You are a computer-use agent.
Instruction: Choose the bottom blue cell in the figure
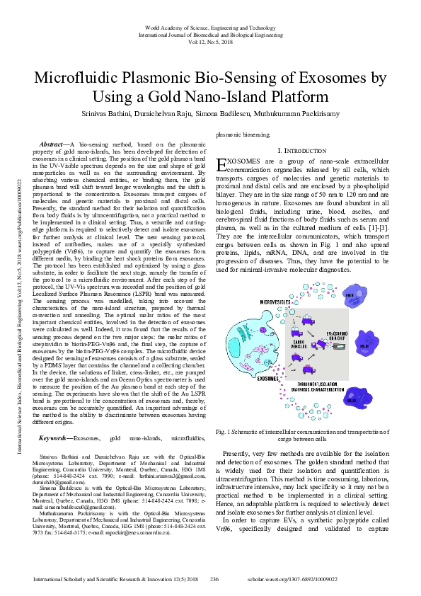(x=374, y=400)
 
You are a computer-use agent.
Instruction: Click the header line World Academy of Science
(x=210, y=25)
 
